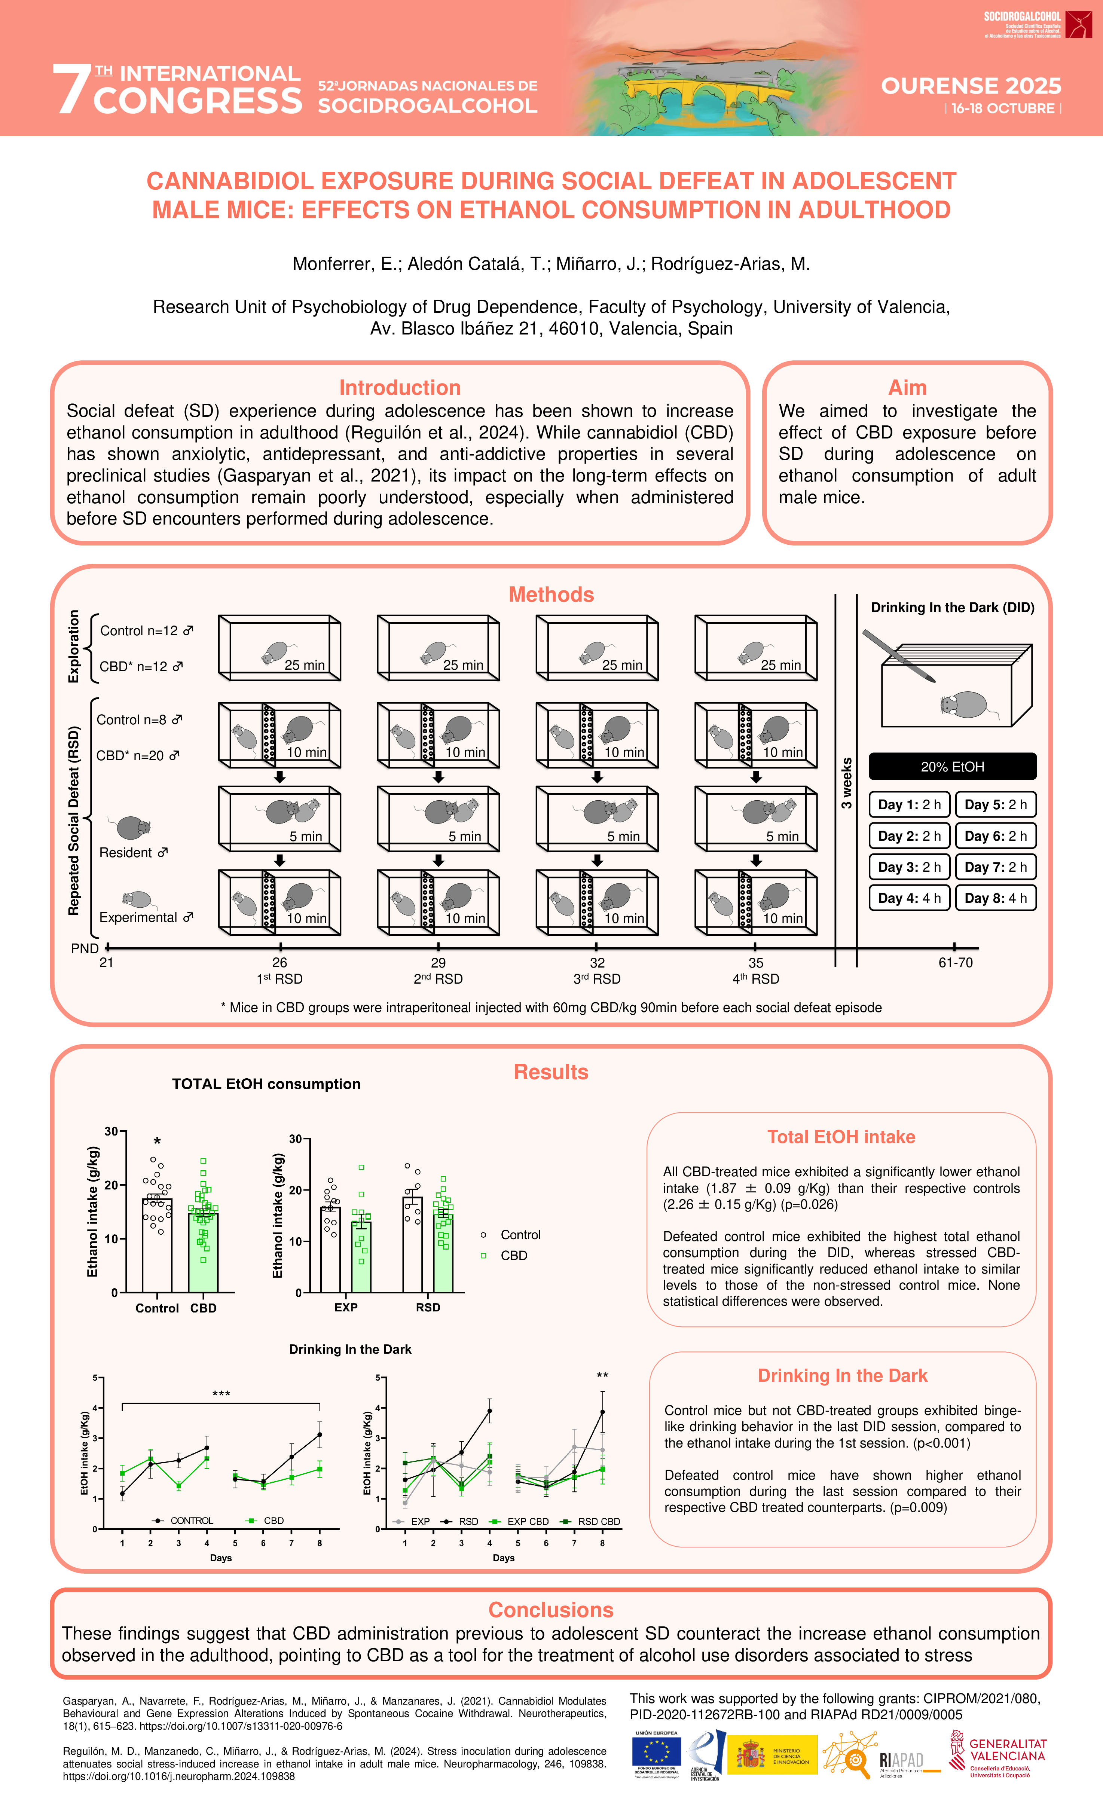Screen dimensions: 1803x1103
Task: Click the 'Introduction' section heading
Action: tap(400, 388)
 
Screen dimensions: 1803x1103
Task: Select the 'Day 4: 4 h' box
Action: tap(909, 898)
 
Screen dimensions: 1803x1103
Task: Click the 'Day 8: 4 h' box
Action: tap(995, 898)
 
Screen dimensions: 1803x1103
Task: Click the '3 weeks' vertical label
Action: tap(847, 783)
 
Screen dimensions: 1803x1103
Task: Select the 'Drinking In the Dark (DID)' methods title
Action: tap(952, 607)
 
